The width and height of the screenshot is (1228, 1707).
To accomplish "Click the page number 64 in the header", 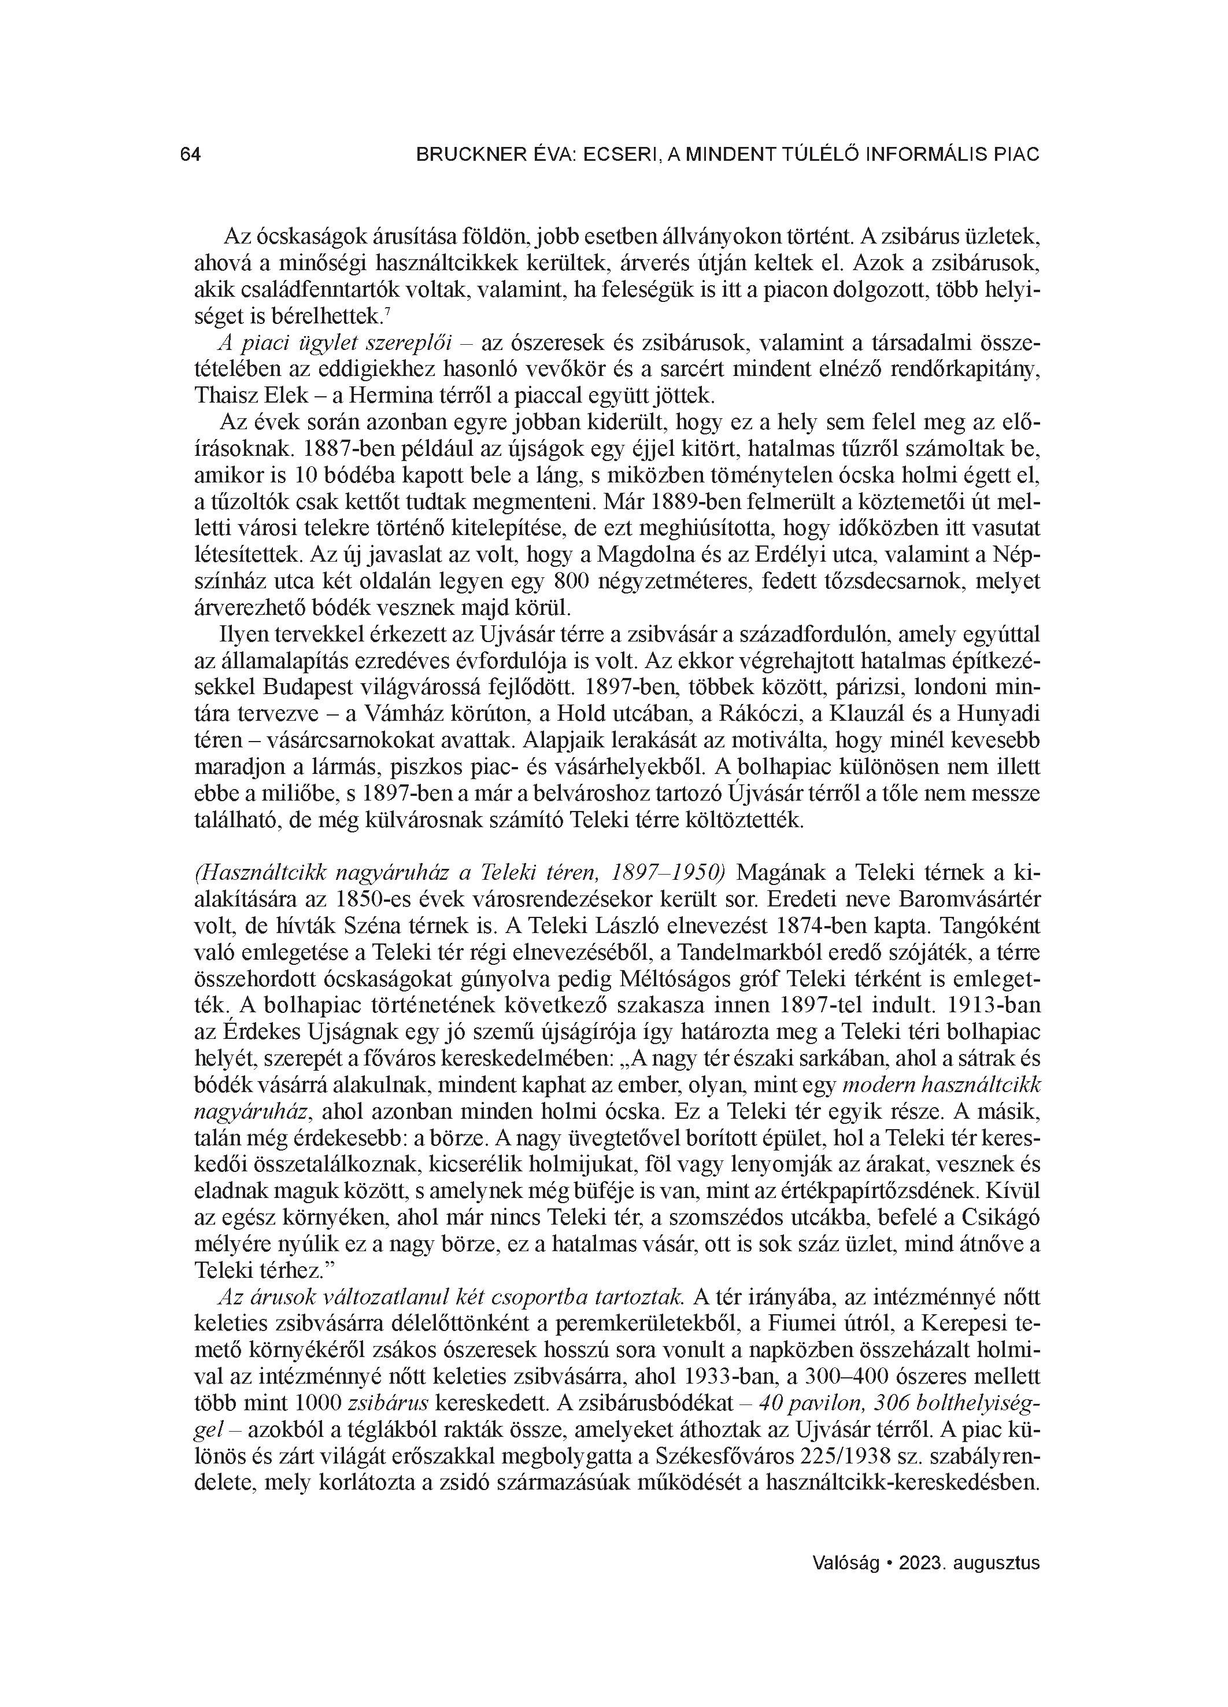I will coord(190,154).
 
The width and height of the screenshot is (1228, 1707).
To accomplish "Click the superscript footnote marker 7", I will coord(387,312).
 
